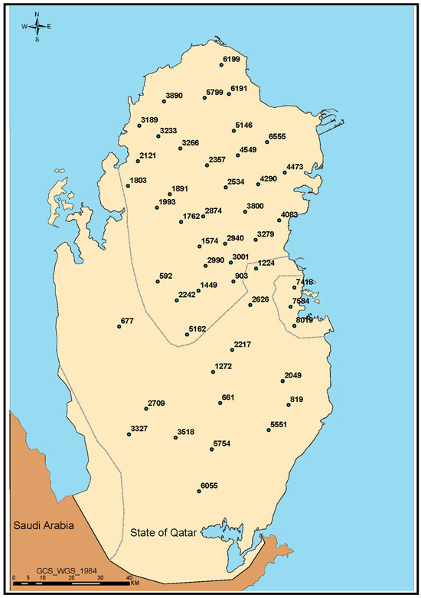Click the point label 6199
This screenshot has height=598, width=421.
[231, 59]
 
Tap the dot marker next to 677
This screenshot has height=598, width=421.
[119, 326]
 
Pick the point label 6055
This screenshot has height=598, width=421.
[210, 485]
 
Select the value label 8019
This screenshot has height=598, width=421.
[305, 322]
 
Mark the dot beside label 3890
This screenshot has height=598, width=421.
[164, 100]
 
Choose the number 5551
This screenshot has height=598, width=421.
[279, 424]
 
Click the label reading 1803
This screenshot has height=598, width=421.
[139, 181]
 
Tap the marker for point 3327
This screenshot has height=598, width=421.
[129, 434]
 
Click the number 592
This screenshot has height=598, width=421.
[166, 276]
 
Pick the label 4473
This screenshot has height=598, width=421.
[295, 166]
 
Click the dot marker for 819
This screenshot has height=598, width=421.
[289, 404]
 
